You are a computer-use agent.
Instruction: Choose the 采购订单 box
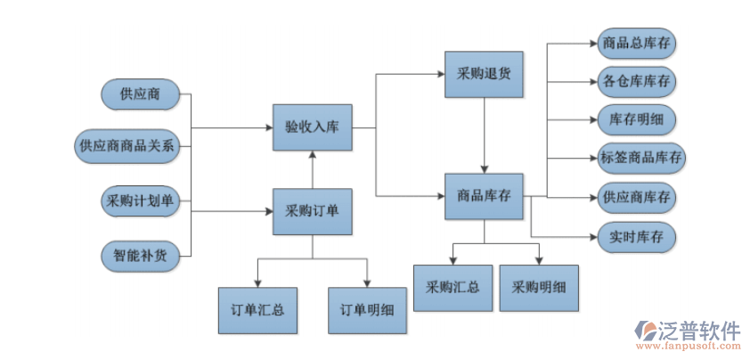point(312,212)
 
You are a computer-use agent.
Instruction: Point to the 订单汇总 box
point(257,310)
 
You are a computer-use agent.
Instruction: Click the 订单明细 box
point(367,310)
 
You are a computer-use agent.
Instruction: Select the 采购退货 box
point(484,74)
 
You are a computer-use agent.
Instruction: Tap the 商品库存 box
point(484,196)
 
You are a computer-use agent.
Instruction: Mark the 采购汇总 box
point(452,288)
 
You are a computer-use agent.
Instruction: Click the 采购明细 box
point(538,288)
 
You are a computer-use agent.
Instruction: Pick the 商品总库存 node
point(636,42)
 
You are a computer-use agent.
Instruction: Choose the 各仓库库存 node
point(636,81)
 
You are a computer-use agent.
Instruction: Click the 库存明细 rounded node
point(636,119)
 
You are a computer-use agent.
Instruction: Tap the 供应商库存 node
point(636,197)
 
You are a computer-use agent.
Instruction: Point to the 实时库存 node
point(636,237)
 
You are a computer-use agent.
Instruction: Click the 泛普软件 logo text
point(699,331)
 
